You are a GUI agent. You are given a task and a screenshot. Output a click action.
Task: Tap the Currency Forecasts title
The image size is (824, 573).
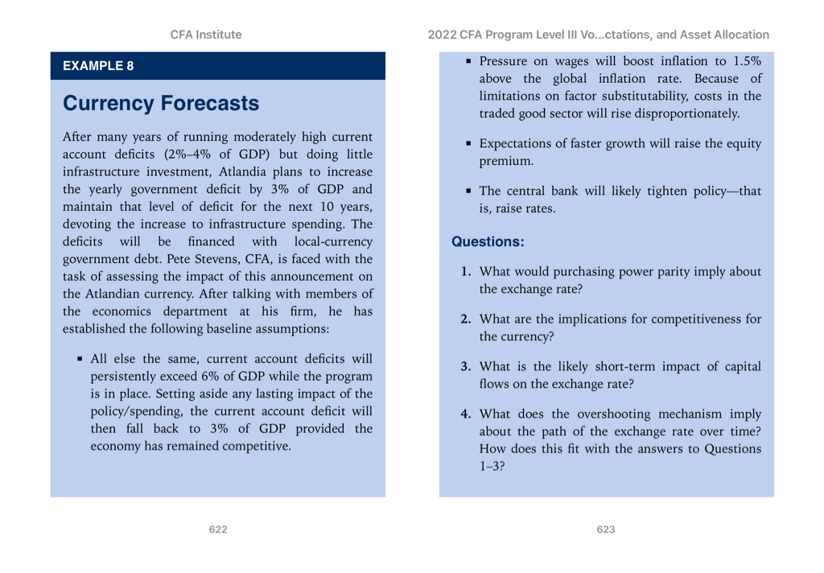click(x=161, y=104)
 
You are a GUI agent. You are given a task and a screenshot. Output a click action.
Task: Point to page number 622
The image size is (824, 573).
click(x=217, y=529)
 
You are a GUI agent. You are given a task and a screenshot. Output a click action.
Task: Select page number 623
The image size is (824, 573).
click(x=606, y=529)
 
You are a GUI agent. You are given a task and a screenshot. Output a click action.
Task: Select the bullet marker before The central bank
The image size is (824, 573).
click(x=468, y=191)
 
